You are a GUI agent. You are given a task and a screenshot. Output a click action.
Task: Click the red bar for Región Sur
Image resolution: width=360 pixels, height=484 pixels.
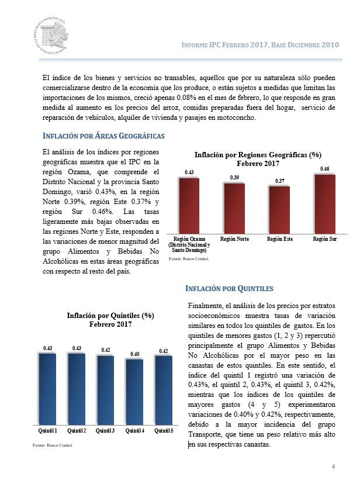point(325,204)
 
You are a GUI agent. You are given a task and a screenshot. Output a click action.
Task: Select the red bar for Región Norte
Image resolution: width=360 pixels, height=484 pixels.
point(234,208)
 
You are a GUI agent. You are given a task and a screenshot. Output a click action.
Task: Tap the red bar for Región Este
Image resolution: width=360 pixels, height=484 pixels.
point(279,210)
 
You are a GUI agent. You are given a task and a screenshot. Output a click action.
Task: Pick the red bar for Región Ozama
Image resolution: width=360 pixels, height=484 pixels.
point(189,206)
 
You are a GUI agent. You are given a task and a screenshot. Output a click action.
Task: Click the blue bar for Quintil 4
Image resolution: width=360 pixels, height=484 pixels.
point(134,392)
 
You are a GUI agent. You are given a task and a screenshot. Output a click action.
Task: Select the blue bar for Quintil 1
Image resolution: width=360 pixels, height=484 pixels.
point(47,389)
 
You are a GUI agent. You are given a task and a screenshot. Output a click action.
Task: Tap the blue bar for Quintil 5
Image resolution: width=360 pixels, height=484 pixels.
point(164,390)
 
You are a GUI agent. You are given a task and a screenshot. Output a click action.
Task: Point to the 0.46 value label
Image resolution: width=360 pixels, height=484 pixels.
point(325,169)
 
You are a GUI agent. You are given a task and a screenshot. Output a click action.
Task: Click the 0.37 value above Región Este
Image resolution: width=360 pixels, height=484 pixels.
point(280,181)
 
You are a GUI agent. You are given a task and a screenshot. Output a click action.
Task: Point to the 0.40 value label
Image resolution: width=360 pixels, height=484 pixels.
point(135,354)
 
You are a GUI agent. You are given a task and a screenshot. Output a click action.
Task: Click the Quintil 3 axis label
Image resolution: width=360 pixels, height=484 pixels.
point(105,431)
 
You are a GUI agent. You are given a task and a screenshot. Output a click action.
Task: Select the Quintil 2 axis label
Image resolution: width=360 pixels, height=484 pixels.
point(77,431)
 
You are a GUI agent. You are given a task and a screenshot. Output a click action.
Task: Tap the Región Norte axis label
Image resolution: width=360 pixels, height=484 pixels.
point(234,239)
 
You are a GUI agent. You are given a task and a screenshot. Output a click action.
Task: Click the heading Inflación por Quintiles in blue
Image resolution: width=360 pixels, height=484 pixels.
point(229,289)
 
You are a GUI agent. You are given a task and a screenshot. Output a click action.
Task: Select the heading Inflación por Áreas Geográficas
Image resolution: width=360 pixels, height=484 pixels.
point(103,136)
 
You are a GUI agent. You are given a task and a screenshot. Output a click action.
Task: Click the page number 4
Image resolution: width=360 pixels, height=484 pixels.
point(333,466)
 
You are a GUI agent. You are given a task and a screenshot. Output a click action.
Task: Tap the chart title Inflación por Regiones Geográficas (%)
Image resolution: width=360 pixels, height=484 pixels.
point(258,155)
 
